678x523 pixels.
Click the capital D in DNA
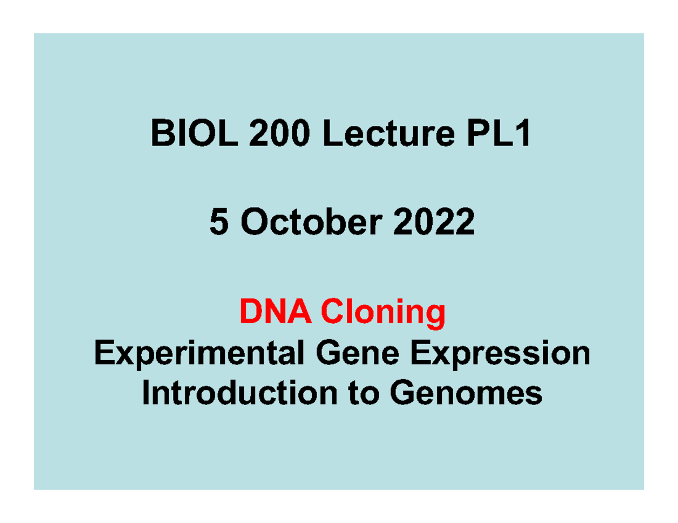pyautogui.click(x=249, y=312)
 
